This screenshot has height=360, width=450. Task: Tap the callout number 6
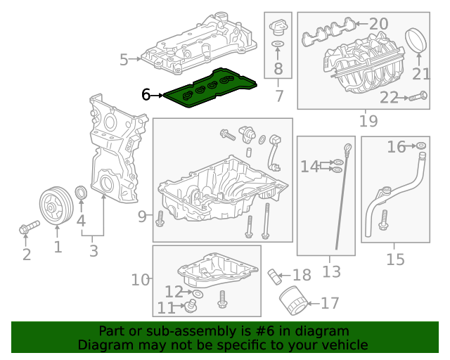click(x=146, y=94)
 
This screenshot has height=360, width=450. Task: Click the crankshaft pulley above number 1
click(x=53, y=206)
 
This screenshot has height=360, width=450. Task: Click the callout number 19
click(x=368, y=121)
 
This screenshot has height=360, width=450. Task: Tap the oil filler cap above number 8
click(x=277, y=29)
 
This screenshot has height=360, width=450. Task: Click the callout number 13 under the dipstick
click(x=330, y=269)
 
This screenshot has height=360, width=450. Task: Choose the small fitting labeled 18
click(x=274, y=274)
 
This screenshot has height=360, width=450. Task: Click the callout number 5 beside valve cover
click(x=124, y=60)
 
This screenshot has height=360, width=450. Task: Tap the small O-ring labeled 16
click(x=420, y=146)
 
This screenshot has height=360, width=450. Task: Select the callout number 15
click(x=395, y=259)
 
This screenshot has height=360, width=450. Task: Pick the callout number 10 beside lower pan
click(x=141, y=280)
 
